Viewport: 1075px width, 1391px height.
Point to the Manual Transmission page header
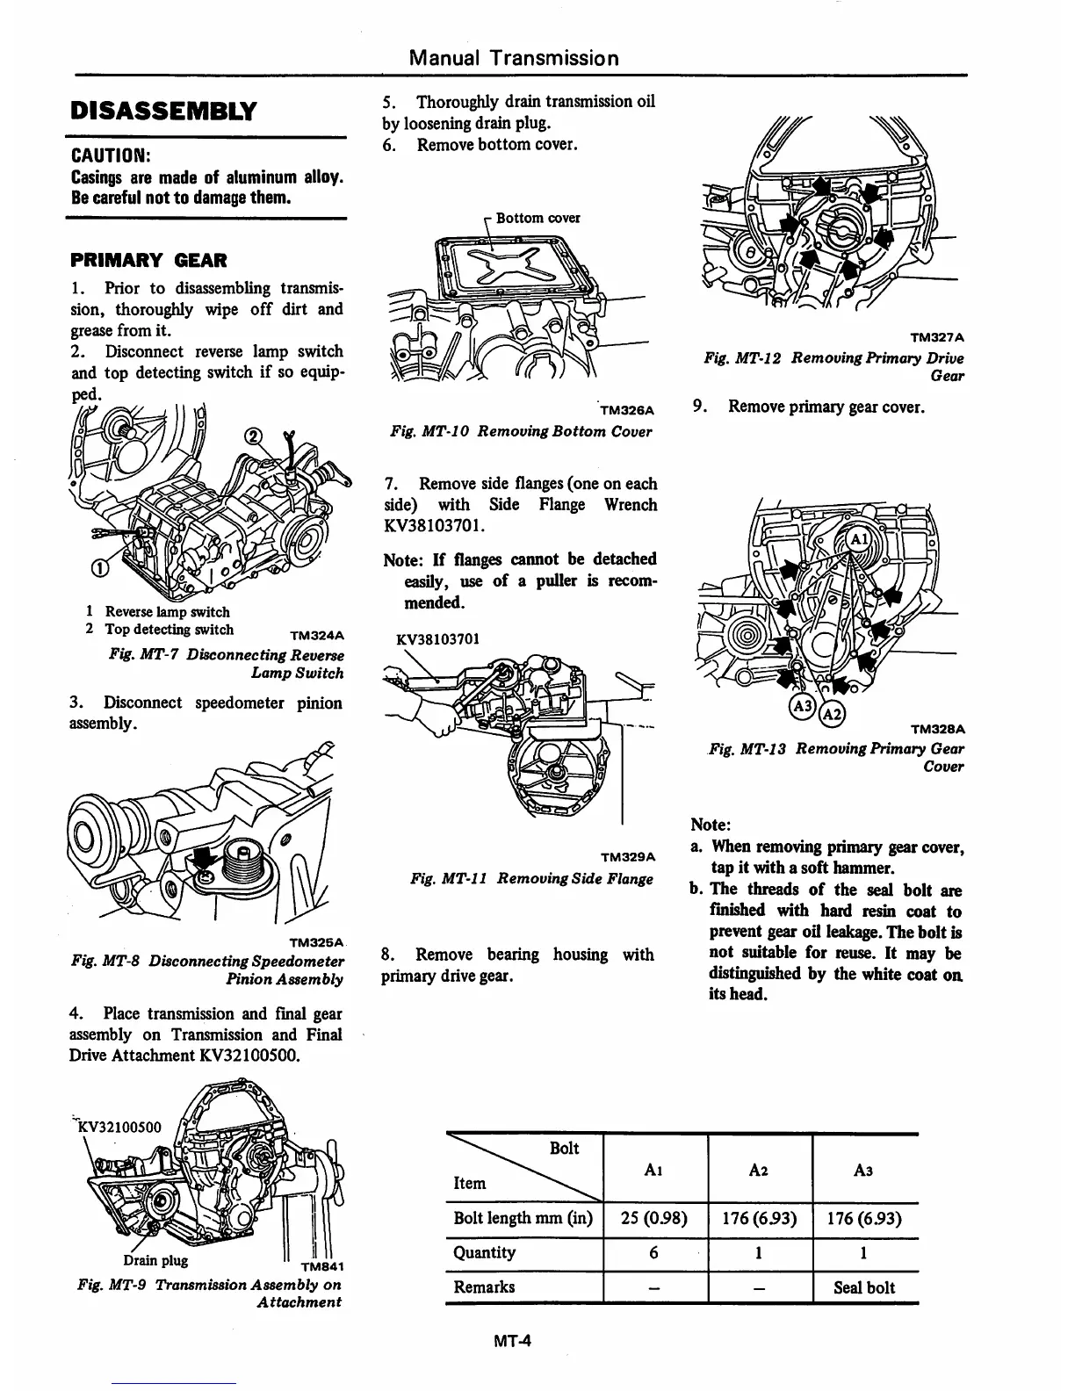point(514,59)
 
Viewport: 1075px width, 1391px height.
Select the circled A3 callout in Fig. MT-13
point(803,708)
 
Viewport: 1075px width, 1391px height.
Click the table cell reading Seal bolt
point(865,1287)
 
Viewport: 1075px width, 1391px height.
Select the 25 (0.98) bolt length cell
point(654,1219)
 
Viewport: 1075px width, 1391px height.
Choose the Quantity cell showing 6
point(654,1253)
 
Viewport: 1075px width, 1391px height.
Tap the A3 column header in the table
point(864,1170)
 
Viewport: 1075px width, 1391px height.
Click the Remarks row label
point(484,1287)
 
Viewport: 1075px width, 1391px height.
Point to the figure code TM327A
point(937,336)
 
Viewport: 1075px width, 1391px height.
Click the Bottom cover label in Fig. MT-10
point(537,218)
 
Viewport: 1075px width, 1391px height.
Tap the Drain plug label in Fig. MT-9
point(155,1260)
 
